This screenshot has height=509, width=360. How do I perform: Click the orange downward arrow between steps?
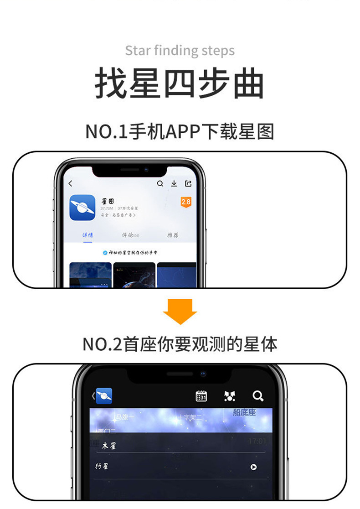pos(180,311)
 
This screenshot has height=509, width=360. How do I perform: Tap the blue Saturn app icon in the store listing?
pos(82,208)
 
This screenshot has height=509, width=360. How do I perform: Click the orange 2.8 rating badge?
pos(186,202)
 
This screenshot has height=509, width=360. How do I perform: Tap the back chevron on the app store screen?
pos(71,184)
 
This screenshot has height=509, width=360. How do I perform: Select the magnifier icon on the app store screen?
pos(160,184)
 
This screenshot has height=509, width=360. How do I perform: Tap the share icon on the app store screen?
pos(188,184)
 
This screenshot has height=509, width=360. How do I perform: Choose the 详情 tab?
pos(87,235)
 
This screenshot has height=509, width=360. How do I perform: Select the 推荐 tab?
pos(173,235)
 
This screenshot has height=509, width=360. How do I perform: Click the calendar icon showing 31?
pos(201,396)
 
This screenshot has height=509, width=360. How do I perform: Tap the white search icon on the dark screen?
pos(258,396)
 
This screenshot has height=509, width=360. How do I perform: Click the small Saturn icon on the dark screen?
pos(104,396)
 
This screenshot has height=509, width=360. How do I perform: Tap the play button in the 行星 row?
pos(254,467)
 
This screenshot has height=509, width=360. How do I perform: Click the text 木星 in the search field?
pos(109,446)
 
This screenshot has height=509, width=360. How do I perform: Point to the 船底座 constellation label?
pos(244,413)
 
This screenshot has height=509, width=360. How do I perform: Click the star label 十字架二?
pos(190,417)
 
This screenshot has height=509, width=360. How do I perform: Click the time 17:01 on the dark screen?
pos(257,441)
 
